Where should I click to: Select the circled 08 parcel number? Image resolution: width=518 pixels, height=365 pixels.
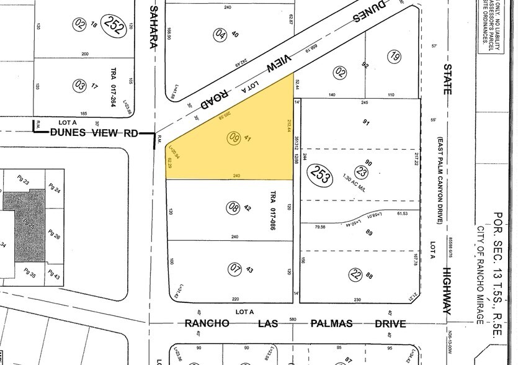(x=233, y=207)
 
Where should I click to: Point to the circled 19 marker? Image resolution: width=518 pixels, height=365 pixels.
(x=395, y=56)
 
